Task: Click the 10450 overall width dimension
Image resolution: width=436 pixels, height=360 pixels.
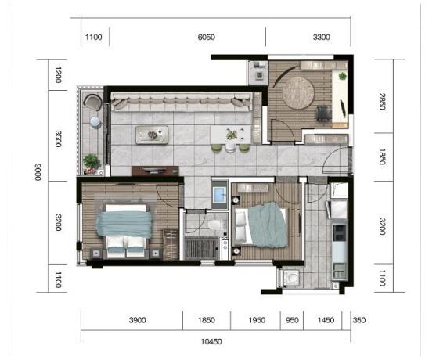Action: (x=211, y=341)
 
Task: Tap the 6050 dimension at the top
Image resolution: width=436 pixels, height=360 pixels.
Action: (x=206, y=37)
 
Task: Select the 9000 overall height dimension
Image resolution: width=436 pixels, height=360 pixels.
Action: (x=38, y=172)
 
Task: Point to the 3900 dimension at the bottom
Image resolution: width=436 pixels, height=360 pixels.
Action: (x=137, y=320)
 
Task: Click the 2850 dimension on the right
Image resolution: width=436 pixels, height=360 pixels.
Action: (x=382, y=101)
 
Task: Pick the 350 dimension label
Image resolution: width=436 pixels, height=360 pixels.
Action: (x=359, y=320)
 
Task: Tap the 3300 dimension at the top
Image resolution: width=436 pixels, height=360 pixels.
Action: (x=322, y=37)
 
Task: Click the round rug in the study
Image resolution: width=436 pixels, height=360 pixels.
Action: (x=298, y=93)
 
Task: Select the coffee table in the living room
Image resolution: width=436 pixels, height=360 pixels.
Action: (x=152, y=135)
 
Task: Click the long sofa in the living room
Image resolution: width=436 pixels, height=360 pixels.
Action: (x=182, y=102)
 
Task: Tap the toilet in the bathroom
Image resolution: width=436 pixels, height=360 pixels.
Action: (x=217, y=224)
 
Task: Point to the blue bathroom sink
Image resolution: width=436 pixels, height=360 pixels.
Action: (x=219, y=195)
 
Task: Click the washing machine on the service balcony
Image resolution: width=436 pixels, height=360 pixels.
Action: (x=291, y=278)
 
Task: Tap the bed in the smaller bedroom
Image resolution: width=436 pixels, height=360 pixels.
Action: (x=261, y=225)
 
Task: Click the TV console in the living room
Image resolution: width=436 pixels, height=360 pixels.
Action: (x=155, y=171)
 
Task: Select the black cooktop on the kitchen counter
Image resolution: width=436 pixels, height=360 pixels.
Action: (x=340, y=233)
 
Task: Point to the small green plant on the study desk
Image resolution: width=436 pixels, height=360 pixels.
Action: (x=343, y=75)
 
